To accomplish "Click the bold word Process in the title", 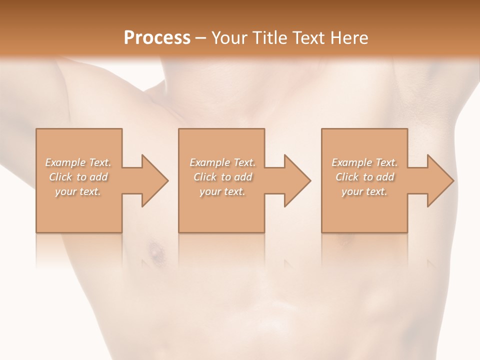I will pos(157,38).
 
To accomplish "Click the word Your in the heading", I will pos(229,38).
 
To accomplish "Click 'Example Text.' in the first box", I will pos(78,162).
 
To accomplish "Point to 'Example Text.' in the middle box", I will pos(222,162).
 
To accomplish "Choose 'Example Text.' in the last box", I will pos(364,162).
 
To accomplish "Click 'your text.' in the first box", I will pos(78,191).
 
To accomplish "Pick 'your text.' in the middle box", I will pos(222,191).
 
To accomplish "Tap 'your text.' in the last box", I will pos(364,191).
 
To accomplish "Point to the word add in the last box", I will pos(385,177).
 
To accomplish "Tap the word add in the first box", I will pos(98,177).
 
